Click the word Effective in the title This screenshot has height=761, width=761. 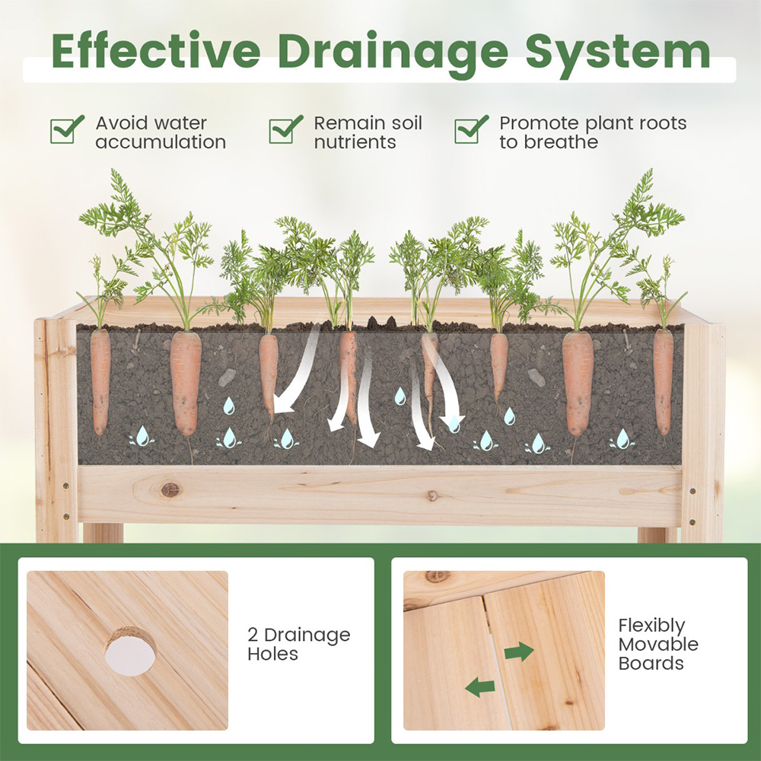coord(156,51)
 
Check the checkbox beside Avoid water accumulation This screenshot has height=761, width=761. coord(67,129)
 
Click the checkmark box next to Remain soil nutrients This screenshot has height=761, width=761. coord(285,129)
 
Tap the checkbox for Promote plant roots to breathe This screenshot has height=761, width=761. coord(471,129)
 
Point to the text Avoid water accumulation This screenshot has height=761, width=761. coord(161,132)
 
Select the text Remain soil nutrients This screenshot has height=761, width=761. coord(368,132)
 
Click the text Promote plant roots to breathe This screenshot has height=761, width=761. coord(593,132)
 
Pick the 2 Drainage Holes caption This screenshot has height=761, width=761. coord(299,644)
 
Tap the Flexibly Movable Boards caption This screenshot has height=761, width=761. coord(658,644)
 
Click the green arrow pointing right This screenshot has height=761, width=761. coord(519,651)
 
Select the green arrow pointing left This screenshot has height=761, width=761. coord(480,687)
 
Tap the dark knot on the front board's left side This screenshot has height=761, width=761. coord(170,490)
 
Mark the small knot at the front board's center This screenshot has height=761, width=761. coord(432,496)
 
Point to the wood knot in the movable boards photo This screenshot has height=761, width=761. coord(437,578)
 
